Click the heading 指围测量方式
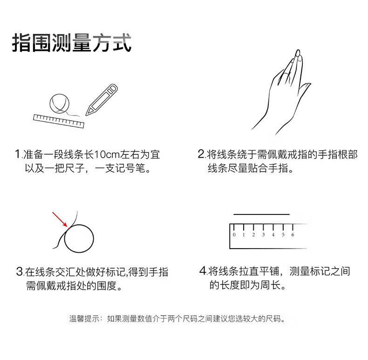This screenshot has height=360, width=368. click(72, 43)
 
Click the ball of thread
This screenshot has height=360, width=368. click(60, 104)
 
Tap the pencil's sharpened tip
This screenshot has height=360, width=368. click(86, 115)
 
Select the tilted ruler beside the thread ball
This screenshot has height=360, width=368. click(59, 121)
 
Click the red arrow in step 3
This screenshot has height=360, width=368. click(60, 220)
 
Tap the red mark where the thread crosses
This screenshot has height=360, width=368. click(69, 228)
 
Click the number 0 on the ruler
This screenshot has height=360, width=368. click(234, 235)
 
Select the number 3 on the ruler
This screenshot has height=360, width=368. click(263, 235)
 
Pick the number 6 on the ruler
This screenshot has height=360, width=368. click(293, 235)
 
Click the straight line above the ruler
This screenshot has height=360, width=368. click(261, 215)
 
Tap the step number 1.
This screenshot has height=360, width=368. click(18, 154)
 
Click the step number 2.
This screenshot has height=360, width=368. click(201, 154)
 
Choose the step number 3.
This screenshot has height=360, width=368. click(20, 272)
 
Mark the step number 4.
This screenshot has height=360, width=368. click(203, 271)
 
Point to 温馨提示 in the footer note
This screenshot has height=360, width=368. click(84, 318)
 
